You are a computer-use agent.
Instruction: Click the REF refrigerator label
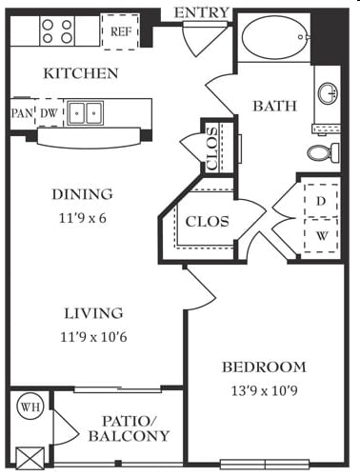(x=120, y=31)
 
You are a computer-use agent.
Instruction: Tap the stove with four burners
(x=57, y=31)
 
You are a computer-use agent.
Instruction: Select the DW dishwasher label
(x=49, y=113)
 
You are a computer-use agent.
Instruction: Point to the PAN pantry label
(x=22, y=113)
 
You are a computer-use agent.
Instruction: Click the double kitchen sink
(x=86, y=113)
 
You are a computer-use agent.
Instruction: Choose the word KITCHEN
(x=81, y=73)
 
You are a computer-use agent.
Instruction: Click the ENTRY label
(x=202, y=12)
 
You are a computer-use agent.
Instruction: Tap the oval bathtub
(x=275, y=37)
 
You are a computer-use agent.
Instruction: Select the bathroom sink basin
(x=328, y=93)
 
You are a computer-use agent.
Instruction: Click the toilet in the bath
(x=323, y=153)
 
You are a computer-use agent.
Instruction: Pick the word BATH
(x=275, y=106)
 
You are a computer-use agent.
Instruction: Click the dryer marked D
(x=321, y=201)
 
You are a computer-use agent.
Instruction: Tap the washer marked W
(x=321, y=235)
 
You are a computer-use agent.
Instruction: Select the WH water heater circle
(x=30, y=407)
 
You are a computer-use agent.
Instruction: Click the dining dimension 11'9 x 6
(x=83, y=218)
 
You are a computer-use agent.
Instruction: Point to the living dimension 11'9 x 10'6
(x=93, y=337)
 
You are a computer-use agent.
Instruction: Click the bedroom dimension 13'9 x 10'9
(x=265, y=391)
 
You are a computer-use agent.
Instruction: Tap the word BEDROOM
(x=264, y=367)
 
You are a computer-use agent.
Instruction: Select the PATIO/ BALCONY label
(x=129, y=428)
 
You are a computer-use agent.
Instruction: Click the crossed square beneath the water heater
(x=30, y=458)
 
